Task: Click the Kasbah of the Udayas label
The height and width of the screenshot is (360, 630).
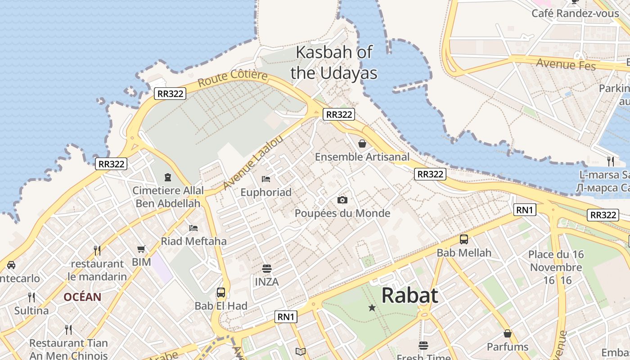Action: pos(334,62)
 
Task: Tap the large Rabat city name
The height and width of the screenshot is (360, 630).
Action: pos(409,296)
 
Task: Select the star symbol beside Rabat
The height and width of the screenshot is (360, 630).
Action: pos(372,308)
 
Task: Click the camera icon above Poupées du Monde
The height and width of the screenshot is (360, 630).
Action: pos(342,200)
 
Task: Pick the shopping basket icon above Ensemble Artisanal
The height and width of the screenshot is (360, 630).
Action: pos(362,144)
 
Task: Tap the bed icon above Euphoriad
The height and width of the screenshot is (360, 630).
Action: pos(266,179)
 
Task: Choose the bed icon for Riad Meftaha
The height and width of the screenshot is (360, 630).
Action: pos(193,228)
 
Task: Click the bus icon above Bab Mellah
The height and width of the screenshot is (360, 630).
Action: pos(464,239)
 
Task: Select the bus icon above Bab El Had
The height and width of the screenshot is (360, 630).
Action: pos(221,292)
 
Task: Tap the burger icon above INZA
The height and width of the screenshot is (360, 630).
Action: pos(267,269)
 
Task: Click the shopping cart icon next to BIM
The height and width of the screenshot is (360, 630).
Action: pos(141,249)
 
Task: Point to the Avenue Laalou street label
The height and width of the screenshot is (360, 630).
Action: pos(253,162)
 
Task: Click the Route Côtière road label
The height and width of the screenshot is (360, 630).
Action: pos(233,78)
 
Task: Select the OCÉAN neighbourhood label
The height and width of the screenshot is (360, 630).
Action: pos(82,297)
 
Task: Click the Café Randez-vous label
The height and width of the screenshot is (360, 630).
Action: pos(575,13)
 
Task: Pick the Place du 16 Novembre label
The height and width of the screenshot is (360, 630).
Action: pos(556,261)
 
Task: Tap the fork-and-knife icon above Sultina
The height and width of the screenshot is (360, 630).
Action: pos(31,297)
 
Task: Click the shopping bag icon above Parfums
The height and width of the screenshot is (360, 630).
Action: pos(508,333)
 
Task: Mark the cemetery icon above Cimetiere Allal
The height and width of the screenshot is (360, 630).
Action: pos(168,177)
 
